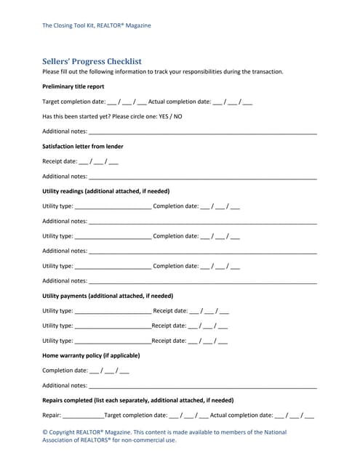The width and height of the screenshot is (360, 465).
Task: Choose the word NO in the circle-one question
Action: [177, 116]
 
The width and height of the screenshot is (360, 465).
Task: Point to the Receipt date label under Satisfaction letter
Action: [59, 161]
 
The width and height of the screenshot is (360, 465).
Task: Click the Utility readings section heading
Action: [105, 191]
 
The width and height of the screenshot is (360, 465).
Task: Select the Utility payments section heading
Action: [107, 296]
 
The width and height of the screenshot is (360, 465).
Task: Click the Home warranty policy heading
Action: [91, 355]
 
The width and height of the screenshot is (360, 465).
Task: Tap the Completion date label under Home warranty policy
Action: [65, 371]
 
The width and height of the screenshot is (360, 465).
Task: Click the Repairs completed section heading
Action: [137, 400]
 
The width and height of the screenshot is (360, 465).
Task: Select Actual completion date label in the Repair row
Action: [241, 416]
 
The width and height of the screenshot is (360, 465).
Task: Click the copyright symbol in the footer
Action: [45, 432]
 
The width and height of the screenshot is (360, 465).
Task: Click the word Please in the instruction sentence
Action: [52, 72]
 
